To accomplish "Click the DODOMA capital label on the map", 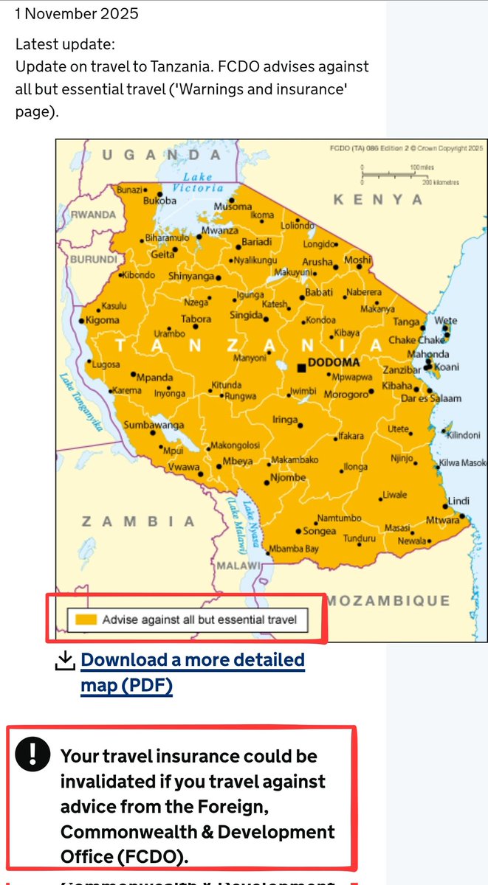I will (334, 363).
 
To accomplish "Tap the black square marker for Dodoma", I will (301, 367).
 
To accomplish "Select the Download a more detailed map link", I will (192, 672).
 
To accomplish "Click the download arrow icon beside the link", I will (66, 661).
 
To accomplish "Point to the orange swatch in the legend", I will (83, 619).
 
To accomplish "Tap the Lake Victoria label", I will (197, 182).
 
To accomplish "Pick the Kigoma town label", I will (102, 320).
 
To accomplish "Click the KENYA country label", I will (378, 200).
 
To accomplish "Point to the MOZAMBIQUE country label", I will (388, 600).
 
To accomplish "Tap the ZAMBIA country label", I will (137, 521).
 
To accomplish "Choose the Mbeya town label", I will (238, 462).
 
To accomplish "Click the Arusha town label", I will (317, 262).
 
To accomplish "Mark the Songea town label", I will (320, 531).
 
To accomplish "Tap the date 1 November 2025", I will (77, 13).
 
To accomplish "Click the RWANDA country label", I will (93, 215).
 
